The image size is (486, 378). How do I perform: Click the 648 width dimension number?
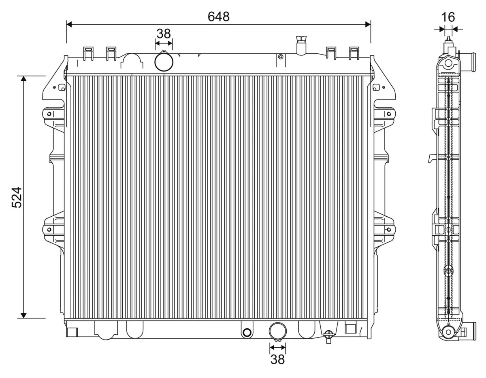pyautogui.click(x=218, y=17)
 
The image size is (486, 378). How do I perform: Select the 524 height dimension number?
pyautogui.click(x=17, y=197)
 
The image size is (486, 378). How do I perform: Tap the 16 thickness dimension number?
pyautogui.click(x=448, y=17)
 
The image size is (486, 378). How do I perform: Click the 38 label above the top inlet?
pyautogui.click(x=164, y=34)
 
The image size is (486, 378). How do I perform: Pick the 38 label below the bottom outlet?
pyautogui.click(x=277, y=359)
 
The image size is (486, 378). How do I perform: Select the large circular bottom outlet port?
pyautogui.click(x=278, y=331)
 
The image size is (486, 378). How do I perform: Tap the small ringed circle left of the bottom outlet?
pyautogui.click(x=246, y=332)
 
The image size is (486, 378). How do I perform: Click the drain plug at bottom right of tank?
pyautogui.click(x=329, y=335)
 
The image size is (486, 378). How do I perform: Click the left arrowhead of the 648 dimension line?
pyautogui.click(x=69, y=25)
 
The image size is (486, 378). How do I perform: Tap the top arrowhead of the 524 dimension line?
pyautogui.click(x=24, y=79)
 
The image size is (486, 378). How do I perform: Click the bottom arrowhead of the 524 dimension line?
pyautogui.click(x=24, y=315)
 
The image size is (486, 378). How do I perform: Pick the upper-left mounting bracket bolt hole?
pyautogui.click(x=49, y=114)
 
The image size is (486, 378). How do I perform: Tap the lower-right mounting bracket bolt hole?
pyautogui.click(x=389, y=230)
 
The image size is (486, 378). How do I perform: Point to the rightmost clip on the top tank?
pyautogui.click(x=354, y=53)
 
